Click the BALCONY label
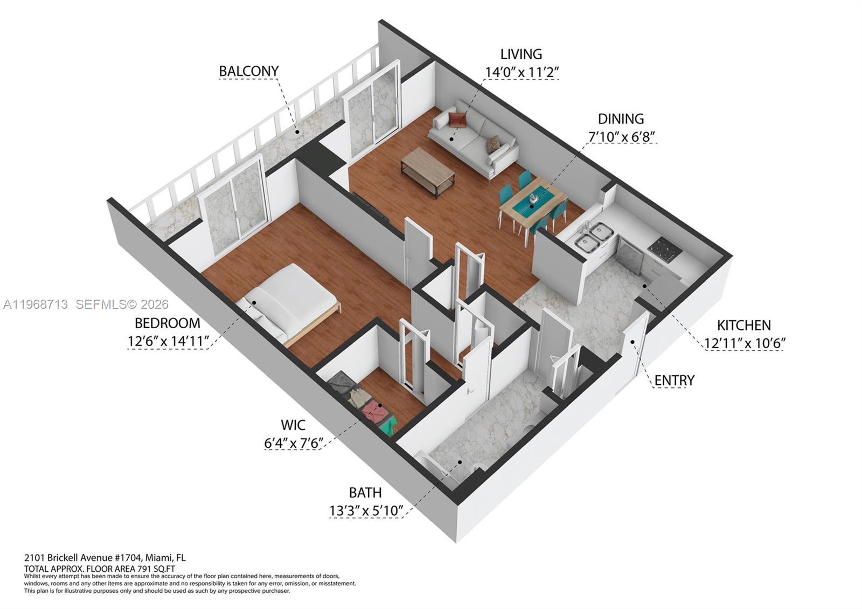pyautogui.click(x=248, y=71)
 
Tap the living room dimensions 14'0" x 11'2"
pyautogui.click(x=522, y=72)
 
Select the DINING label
pyautogui.click(x=621, y=119)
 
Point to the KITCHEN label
pyautogui.click(x=743, y=326)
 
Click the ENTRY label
pyautogui.click(x=674, y=380)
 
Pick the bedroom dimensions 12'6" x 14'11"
pyautogui.click(x=168, y=341)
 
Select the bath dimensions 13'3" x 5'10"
pyautogui.click(x=366, y=510)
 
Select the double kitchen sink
pyautogui.click(x=593, y=237)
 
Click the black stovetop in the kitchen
pyautogui.click(x=665, y=250)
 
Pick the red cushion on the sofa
pyautogui.click(x=457, y=120)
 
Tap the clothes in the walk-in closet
pyautogui.click(x=361, y=402)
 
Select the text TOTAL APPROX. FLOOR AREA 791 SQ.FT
pyautogui.click(x=99, y=569)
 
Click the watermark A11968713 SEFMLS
pyautogui.click(x=86, y=304)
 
